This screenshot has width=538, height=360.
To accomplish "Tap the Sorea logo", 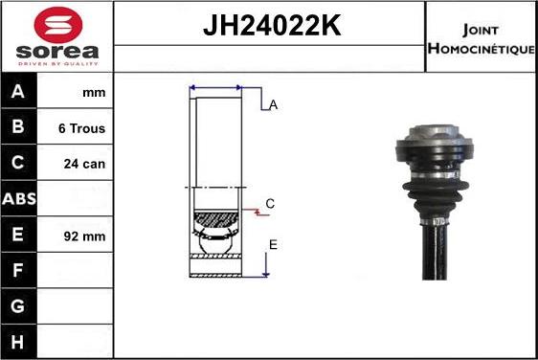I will (56, 35).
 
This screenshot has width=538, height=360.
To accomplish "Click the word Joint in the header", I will (482, 28).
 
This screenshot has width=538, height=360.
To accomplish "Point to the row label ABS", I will (19, 200).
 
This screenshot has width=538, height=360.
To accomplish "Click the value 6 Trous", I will (82, 128).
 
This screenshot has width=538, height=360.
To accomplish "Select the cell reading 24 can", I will (84, 164).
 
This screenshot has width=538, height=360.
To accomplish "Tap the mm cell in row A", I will (94, 93).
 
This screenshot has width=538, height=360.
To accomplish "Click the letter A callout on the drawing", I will (273, 105).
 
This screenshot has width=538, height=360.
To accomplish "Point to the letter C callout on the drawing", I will (270, 203).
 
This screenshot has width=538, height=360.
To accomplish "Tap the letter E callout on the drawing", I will (273, 245).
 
